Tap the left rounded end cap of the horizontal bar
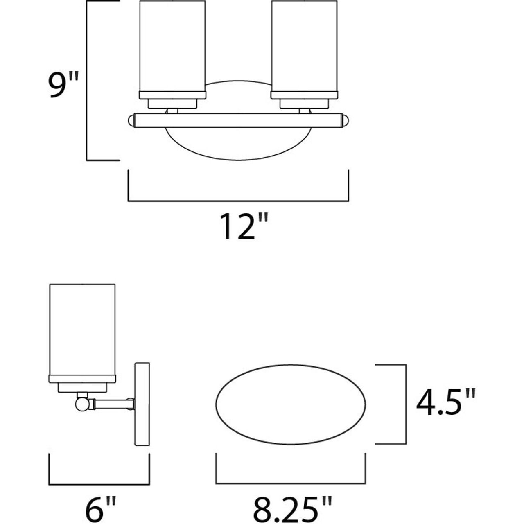click(x=131, y=120)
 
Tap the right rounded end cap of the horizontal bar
click(x=346, y=120)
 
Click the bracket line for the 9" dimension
click(x=87, y=82)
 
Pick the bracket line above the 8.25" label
click(x=291, y=483)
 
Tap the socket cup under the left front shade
click(x=172, y=104)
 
